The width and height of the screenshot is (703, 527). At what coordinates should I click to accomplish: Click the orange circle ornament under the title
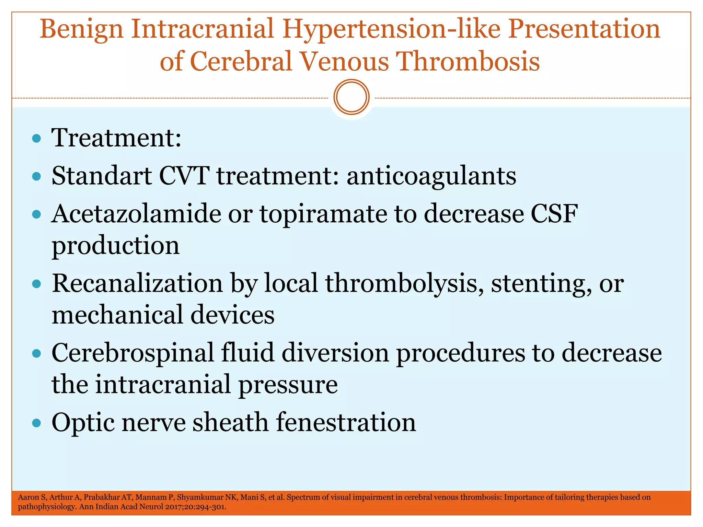(351, 97)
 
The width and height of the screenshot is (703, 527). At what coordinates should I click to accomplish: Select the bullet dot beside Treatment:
(36, 139)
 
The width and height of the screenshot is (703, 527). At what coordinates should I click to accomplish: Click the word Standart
(102, 176)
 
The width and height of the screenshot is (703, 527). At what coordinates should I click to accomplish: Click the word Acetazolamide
(136, 214)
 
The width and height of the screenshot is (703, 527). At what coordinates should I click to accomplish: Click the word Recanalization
(137, 284)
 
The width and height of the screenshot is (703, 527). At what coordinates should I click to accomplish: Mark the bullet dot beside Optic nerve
(36, 423)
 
